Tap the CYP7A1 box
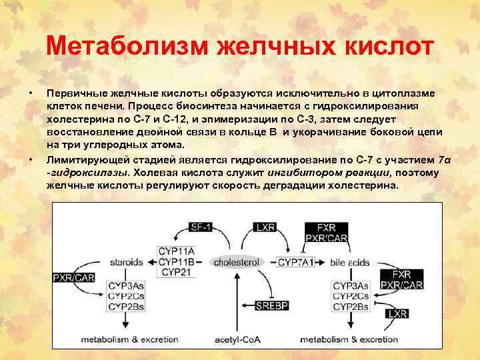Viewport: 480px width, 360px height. click(296, 262)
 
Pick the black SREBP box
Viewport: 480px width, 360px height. click(271, 306)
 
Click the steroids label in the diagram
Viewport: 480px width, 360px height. click(127, 262)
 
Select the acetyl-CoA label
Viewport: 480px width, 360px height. click(237, 339)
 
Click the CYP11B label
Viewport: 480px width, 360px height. click(176, 261)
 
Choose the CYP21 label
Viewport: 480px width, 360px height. click(176, 272)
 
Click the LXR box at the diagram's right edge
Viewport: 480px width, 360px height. click(398, 313)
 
